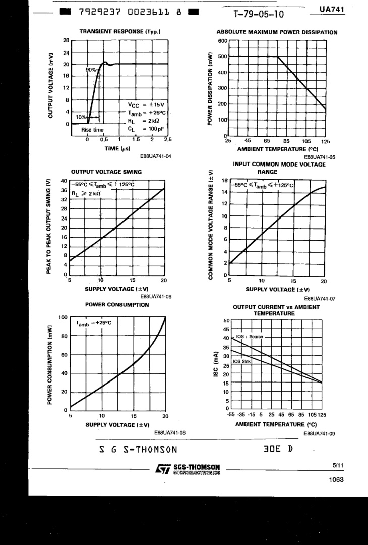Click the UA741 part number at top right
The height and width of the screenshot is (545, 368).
pos(332,9)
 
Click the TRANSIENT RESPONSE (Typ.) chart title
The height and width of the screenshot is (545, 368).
pos(120,31)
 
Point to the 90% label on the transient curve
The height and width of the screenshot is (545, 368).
pos(91,70)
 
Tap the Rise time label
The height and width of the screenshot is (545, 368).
pos(92,130)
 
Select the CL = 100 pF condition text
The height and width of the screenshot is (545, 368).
pos(146,129)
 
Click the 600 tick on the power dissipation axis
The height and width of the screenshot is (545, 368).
pos(222,41)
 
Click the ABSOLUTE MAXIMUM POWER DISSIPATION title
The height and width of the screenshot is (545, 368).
pos(277,32)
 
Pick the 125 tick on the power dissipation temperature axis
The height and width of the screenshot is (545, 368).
pos(325,141)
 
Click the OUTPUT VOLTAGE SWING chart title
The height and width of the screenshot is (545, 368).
pos(106,172)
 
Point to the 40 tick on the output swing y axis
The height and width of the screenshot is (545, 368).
pos(64,181)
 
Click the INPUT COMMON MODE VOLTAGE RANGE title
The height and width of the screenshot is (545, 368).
pos(279,168)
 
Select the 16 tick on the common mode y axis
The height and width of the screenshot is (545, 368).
pos(225,180)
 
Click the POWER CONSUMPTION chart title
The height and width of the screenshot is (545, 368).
pos(117,305)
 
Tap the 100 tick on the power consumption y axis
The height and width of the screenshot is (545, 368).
pos(63,317)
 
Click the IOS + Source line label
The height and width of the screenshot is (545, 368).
pos(250,337)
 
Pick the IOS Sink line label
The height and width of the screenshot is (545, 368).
pos(242,361)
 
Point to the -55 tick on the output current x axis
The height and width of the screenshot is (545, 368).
pos(231,415)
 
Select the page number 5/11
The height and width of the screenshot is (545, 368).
pos(338,465)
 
